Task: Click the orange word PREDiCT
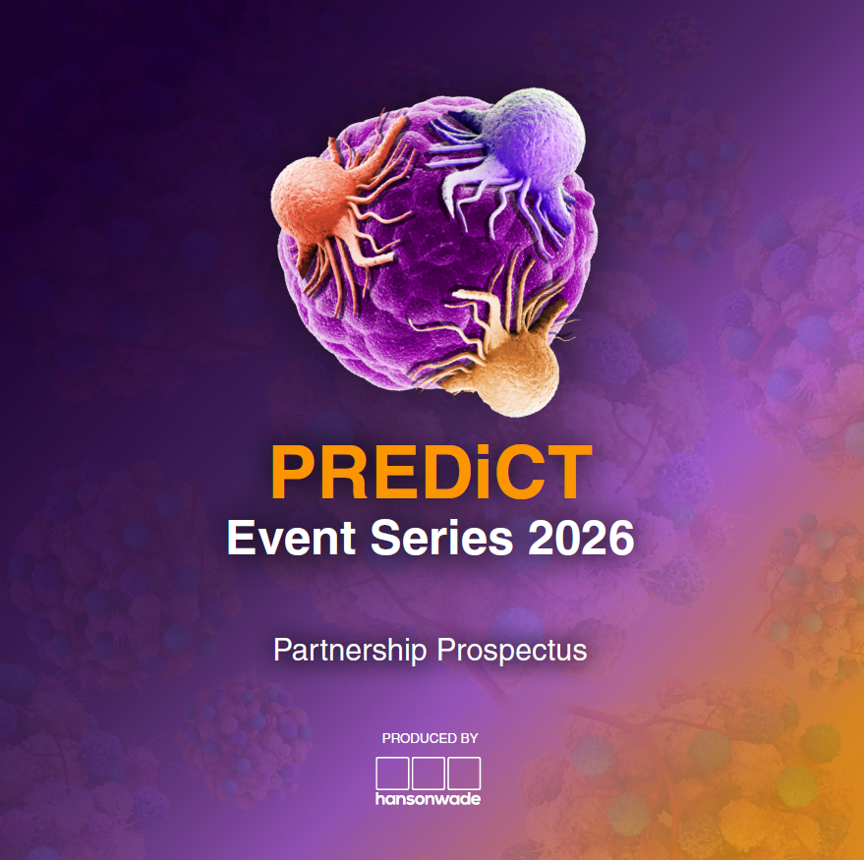pos(432,472)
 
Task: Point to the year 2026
pos(581,538)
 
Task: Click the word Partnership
pos(350,650)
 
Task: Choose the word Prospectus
pos(512,652)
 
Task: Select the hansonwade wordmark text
pos(429,799)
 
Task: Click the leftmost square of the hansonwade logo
pos(392,773)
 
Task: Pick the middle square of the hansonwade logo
pos(429,773)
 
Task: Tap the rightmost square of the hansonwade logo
pos(464,773)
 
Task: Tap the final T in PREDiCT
pos(568,472)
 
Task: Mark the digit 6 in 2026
pos(621,538)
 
